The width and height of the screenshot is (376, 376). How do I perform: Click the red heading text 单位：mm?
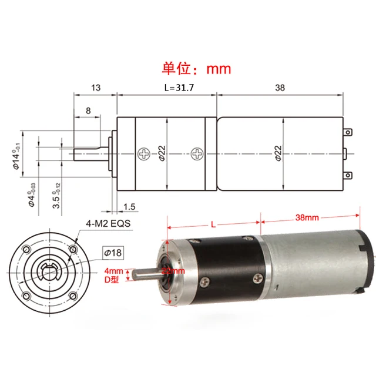(196, 68)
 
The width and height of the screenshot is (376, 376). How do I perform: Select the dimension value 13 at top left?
(96, 88)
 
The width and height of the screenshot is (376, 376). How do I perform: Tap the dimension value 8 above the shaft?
(88, 110)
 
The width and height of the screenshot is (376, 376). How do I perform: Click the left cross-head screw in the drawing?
(143, 155)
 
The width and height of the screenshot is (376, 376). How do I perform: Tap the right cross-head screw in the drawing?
(197, 155)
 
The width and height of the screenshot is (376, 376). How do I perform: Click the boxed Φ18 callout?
(112, 253)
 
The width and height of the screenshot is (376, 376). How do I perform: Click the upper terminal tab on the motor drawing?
(351, 134)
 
